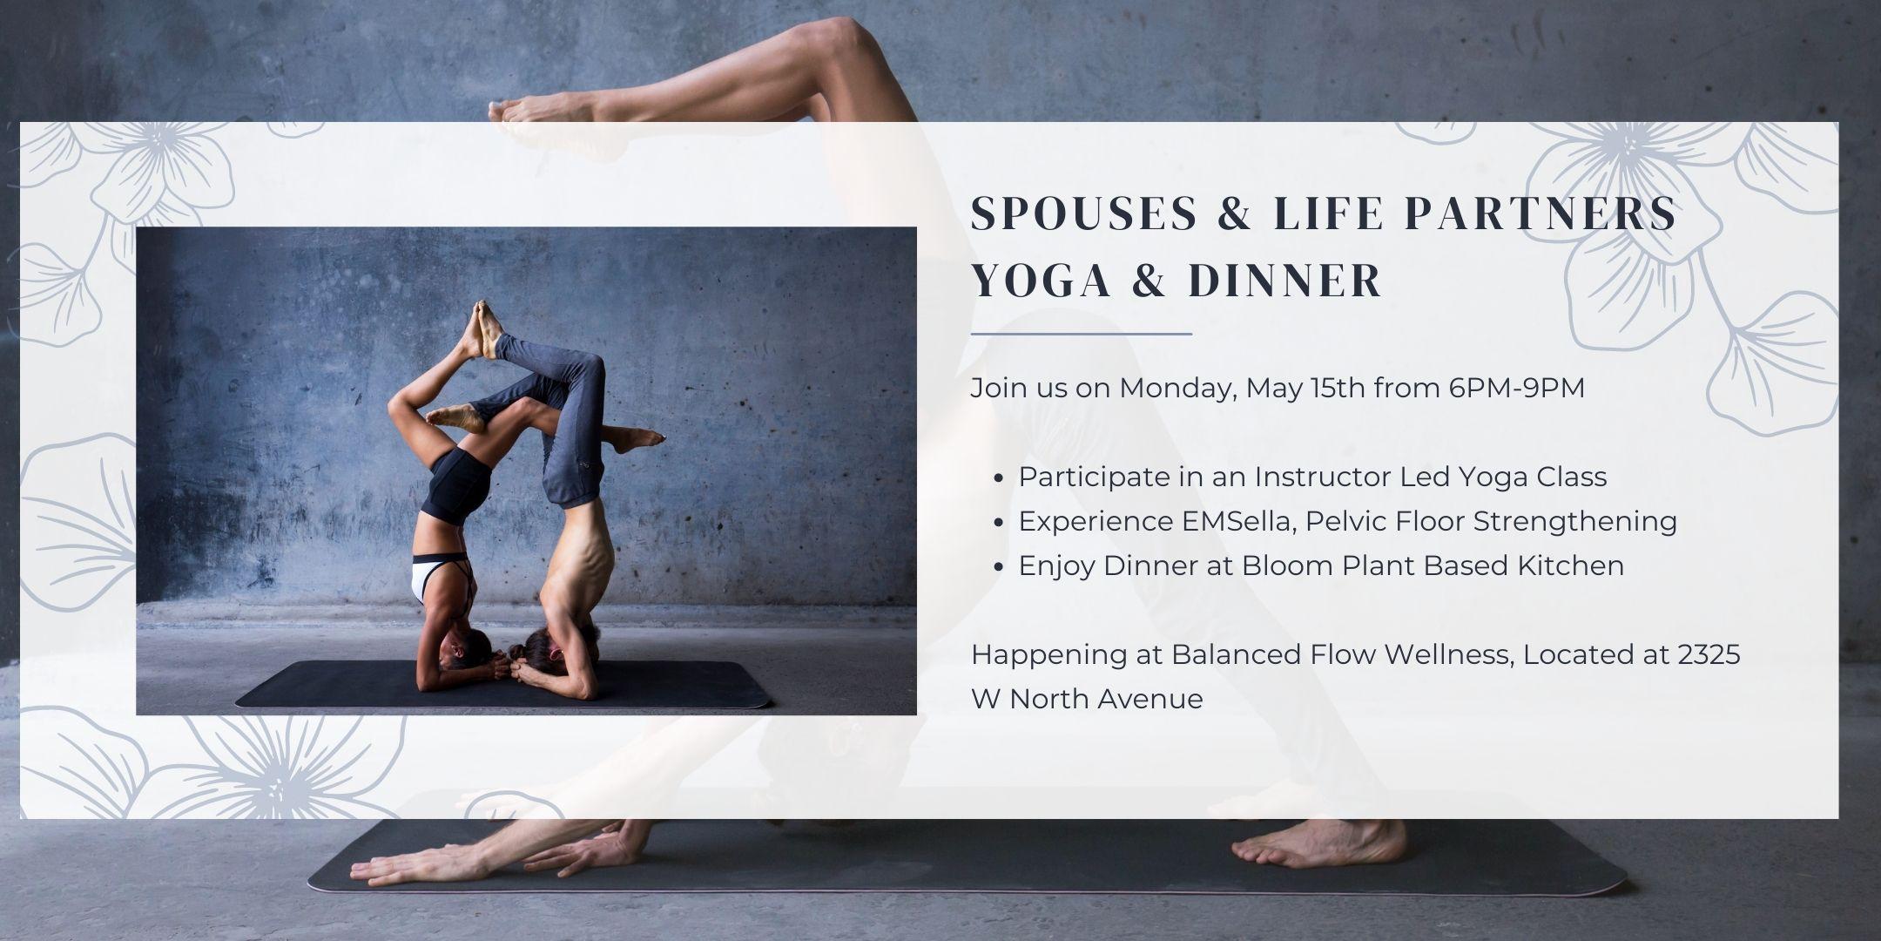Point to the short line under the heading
[1082, 333]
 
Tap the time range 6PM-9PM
[1517, 388]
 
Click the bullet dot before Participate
[999, 478]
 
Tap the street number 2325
[1709, 654]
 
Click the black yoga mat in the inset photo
[503, 685]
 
